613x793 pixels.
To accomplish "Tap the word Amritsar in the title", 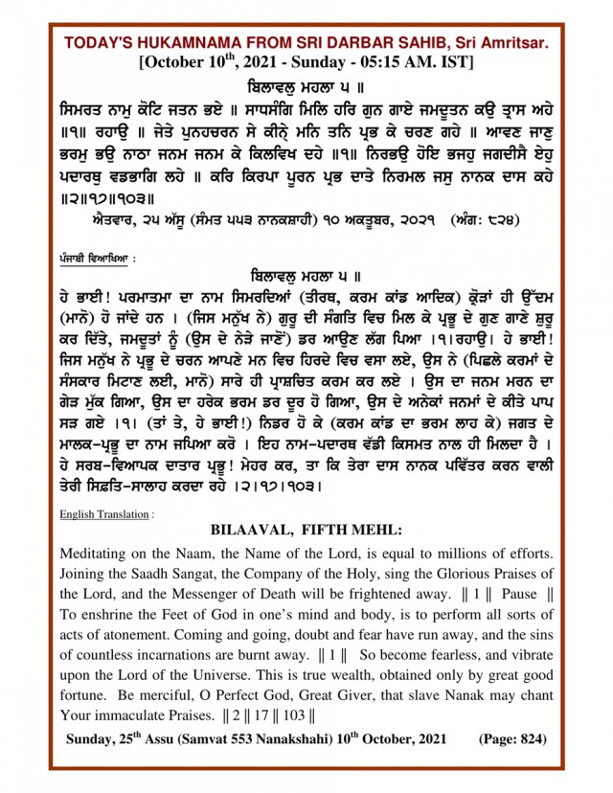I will point(515,44).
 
